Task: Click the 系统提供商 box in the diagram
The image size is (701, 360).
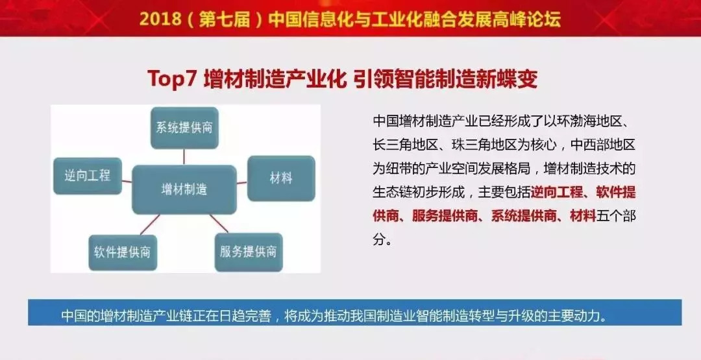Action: tap(184, 128)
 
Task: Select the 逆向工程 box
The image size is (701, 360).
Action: tap(88, 176)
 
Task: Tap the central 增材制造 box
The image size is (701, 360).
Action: tap(184, 189)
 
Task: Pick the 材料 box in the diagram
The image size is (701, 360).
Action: tap(281, 178)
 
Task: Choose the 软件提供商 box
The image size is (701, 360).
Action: tap(123, 252)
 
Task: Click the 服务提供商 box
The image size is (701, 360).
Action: tap(249, 252)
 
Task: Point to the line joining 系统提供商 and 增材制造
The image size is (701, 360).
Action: tap(184, 157)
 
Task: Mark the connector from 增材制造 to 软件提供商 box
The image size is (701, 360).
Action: tap(150, 224)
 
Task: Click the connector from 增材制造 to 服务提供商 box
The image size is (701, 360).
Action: tap(219, 223)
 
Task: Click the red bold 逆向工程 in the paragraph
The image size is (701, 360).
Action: tap(557, 193)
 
